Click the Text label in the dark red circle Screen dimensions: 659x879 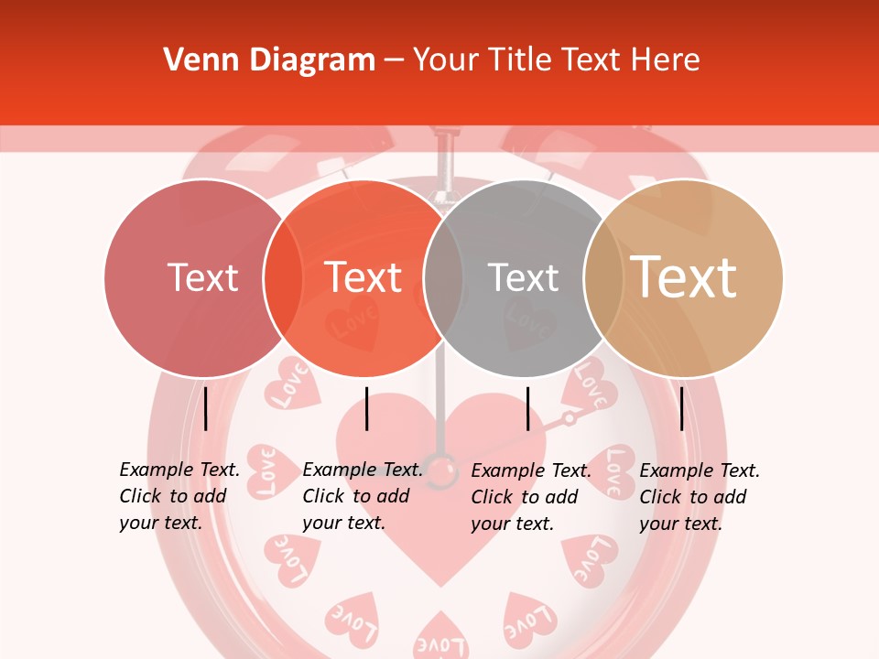click(202, 278)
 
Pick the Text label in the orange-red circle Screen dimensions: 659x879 click(364, 278)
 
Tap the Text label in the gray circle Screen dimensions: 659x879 click(523, 278)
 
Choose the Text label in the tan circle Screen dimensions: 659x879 click(684, 278)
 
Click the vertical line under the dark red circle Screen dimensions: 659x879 click(205, 408)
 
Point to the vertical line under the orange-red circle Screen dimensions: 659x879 click(366, 408)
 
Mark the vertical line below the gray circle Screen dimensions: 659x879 click(527, 408)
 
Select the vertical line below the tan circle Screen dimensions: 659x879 click(682, 408)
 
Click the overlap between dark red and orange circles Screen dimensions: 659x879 click(283, 278)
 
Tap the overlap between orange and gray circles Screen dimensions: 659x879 click(443, 278)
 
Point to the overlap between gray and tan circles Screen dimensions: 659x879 click(602, 278)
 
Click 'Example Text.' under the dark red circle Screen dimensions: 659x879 click(179, 470)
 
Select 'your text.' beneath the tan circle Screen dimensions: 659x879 click(681, 524)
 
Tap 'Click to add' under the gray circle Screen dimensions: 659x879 click(525, 497)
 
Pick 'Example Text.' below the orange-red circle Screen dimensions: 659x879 click(363, 470)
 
